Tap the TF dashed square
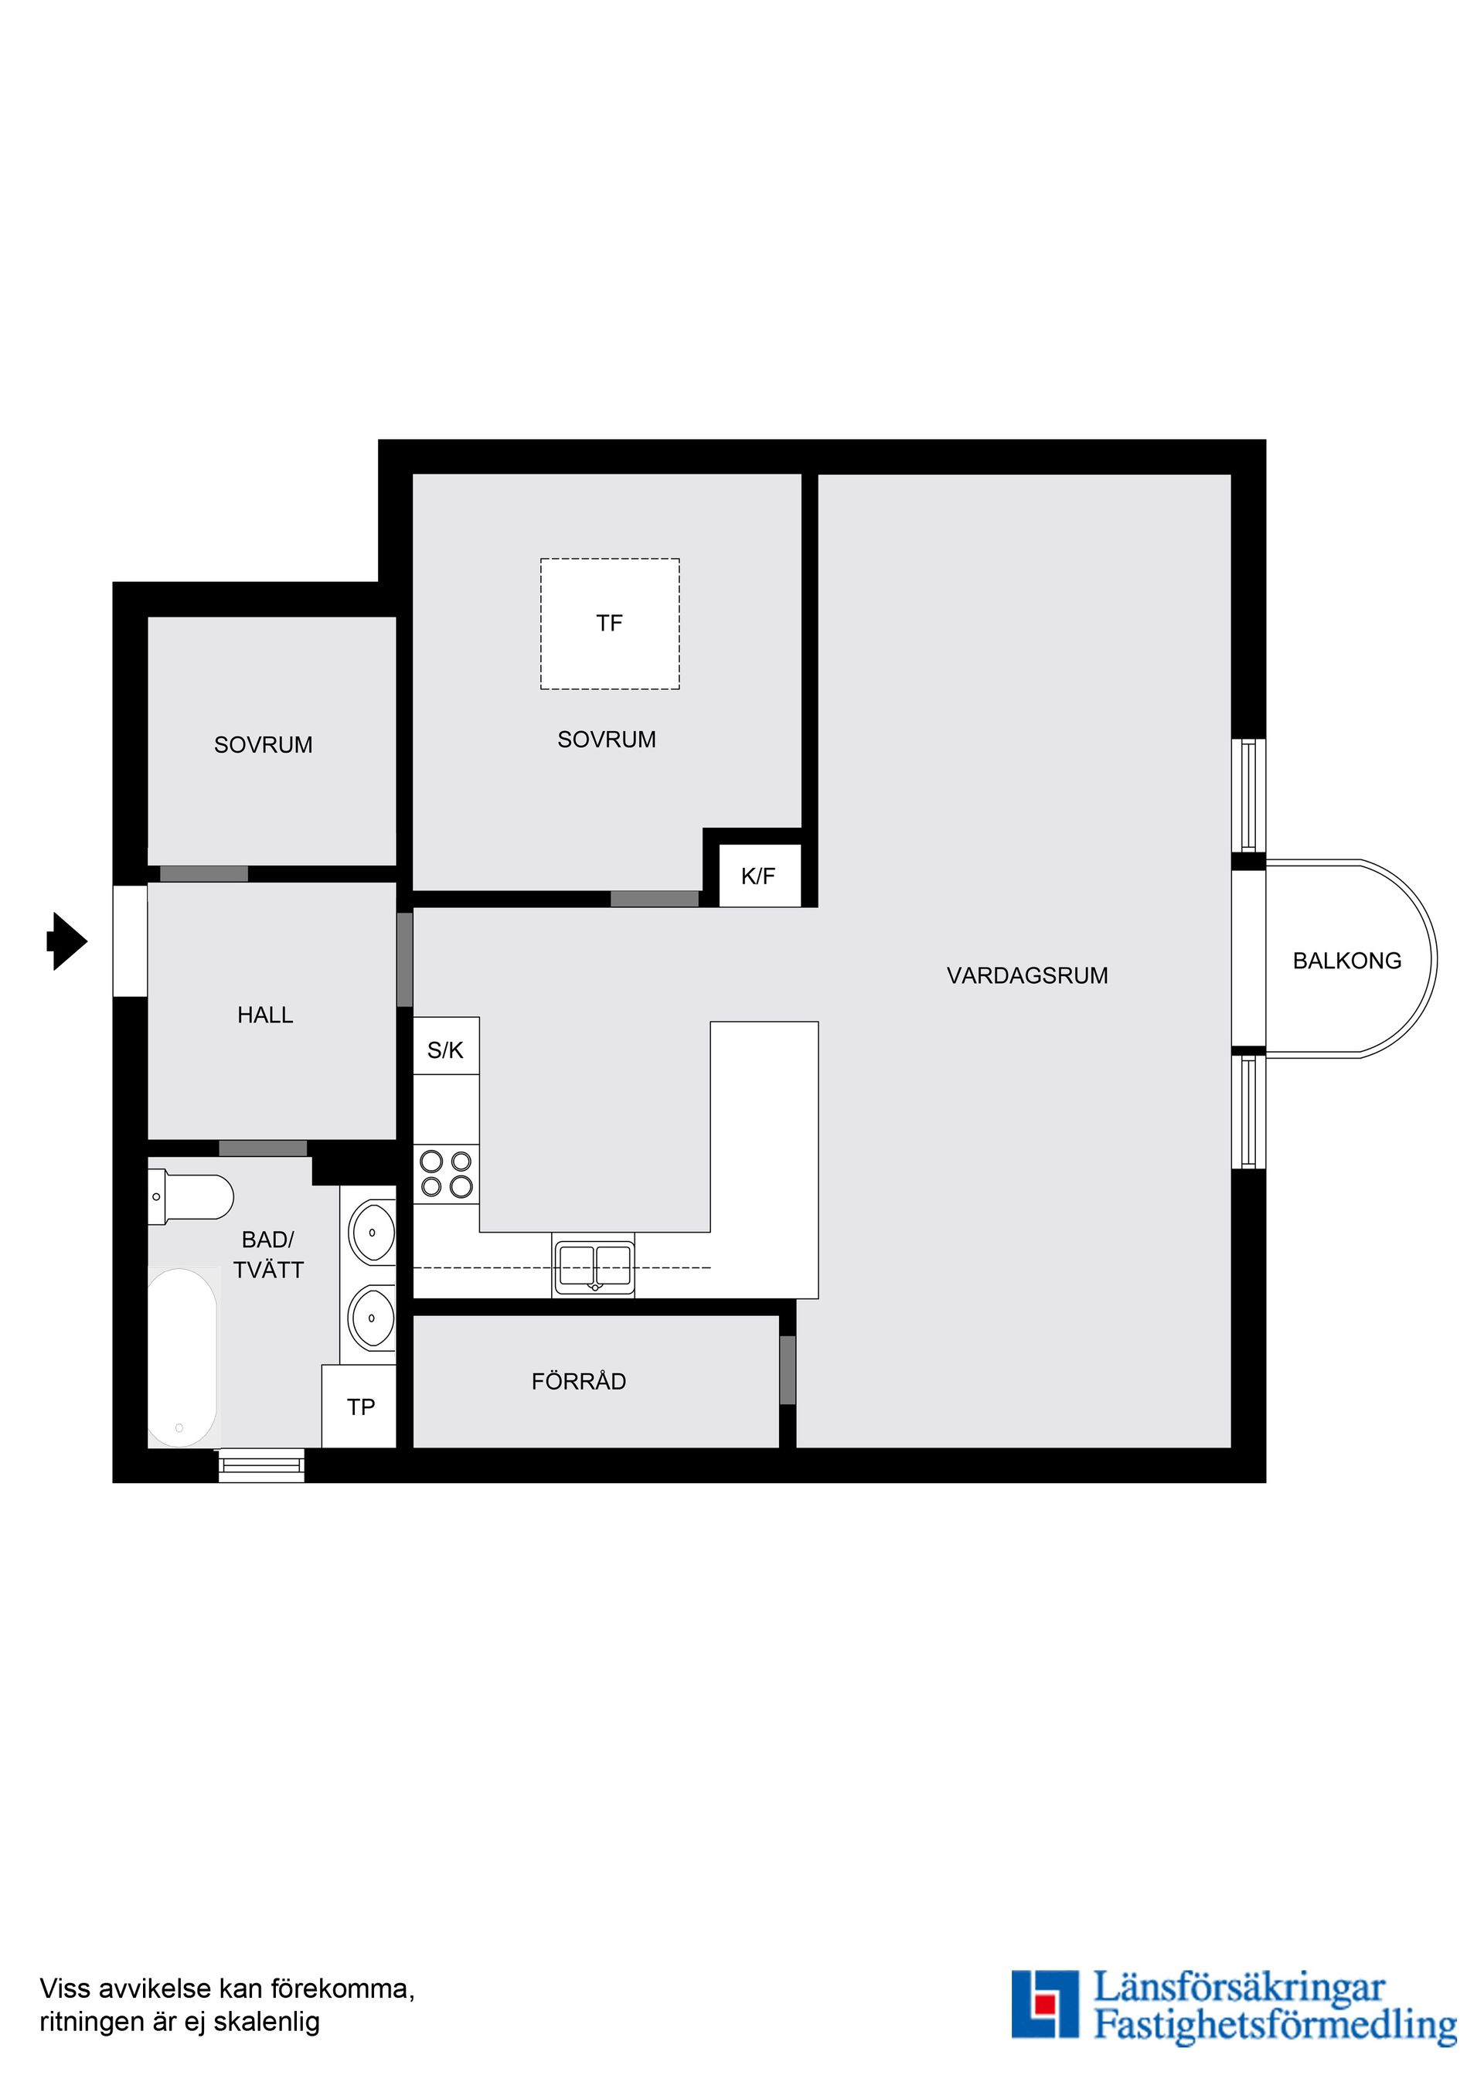point(610,624)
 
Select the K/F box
point(759,876)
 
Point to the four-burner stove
point(446,1174)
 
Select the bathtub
point(182,1358)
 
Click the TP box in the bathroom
point(360,1407)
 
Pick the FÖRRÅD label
point(579,1381)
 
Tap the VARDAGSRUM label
point(1027,975)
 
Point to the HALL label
point(265,1015)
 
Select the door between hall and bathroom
point(263,1148)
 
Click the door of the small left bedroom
point(204,874)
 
